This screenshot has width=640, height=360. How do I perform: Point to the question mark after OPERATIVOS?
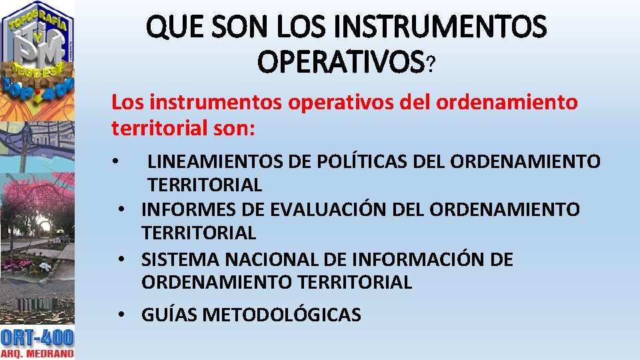coord(431,64)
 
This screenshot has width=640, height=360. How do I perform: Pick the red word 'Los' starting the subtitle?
coord(128,103)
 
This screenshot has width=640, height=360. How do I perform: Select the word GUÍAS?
coord(169,314)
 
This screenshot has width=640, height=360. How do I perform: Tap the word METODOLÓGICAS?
coord(281,314)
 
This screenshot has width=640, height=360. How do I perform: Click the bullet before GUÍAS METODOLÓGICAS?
coord(123,314)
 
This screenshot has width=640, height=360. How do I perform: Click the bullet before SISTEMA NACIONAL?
coord(123,259)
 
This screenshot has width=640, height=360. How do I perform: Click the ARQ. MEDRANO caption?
coord(37,353)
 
